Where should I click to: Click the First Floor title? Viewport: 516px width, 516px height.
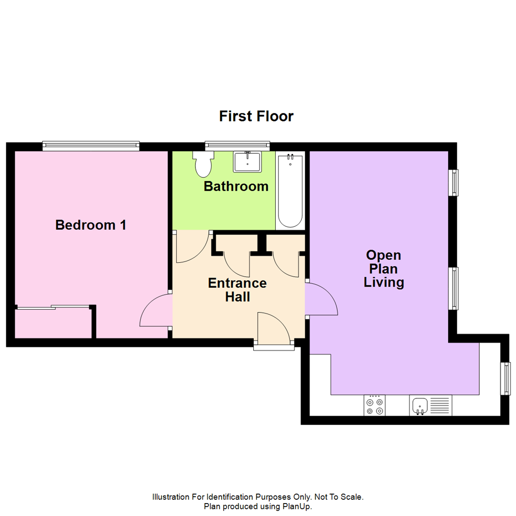click(x=256, y=116)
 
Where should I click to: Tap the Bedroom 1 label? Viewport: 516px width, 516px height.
click(x=91, y=225)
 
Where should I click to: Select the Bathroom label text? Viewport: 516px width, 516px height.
click(x=236, y=186)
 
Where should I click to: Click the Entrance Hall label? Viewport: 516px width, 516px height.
click(x=237, y=290)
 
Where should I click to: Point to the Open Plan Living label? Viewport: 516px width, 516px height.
click(x=384, y=269)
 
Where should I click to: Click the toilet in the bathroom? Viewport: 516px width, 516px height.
click(x=203, y=164)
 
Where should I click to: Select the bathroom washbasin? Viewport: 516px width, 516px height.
click(x=247, y=161)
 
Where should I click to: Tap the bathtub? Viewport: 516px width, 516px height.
click(x=290, y=191)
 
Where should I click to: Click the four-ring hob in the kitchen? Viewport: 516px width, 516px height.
click(x=375, y=406)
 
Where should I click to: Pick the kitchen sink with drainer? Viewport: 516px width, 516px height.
click(x=430, y=406)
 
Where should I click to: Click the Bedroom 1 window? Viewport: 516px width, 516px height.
click(x=91, y=145)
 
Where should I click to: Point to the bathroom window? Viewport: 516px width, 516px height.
click(x=237, y=145)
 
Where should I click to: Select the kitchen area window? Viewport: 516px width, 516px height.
click(x=505, y=379)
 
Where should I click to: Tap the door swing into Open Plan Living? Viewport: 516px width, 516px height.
click(x=321, y=300)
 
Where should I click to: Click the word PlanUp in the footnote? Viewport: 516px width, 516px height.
click(x=299, y=506)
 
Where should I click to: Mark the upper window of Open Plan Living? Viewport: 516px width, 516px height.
click(x=453, y=183)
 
